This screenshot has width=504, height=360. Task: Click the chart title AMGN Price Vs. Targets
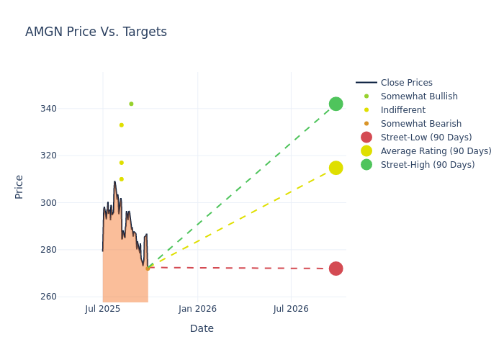(x=96, y=32)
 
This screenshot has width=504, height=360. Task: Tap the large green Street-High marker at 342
(x=336, y=104)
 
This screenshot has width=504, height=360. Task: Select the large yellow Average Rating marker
(x=336, y=168)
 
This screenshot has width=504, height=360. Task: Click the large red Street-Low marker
(x=336, y=269)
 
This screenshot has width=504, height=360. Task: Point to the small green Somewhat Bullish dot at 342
(x=131, y=104)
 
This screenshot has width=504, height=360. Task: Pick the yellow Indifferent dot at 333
(x=121, y=125)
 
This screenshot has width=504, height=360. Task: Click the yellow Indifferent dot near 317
(x=121, y=163)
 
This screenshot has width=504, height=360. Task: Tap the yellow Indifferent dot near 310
(x=121, y=179)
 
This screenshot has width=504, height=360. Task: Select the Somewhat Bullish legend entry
(x=419, y=96)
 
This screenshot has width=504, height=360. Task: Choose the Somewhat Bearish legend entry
(x=420, y=124)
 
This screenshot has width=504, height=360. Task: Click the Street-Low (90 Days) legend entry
(x=426, y=138)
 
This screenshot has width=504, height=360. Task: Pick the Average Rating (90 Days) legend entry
(x=436, y=151)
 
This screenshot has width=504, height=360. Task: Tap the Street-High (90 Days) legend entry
(x=428, y=165)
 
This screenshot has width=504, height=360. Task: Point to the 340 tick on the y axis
(x=68, y=109)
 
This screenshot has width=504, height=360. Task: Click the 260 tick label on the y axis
(x=68, y=297)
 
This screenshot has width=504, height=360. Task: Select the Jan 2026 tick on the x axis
(x=197, y=309)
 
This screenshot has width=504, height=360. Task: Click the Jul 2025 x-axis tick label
(x=103, y=309)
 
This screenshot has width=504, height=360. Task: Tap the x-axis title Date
(x=202, y=328)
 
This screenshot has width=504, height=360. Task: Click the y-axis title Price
(x=19, y=186)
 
